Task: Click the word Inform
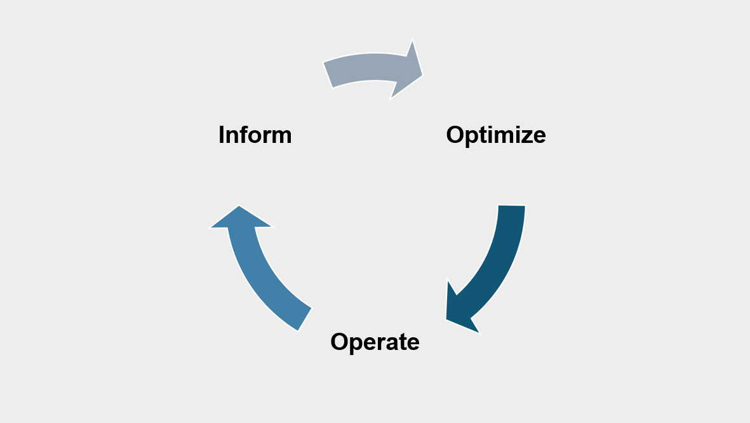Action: pyautogui.click(x=255, y=135)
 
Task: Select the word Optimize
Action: pyautogui.click(x=495, y=135)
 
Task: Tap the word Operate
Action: pyautogui.click(x=375, y=342)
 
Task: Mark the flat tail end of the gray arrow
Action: pyautogui.click(x=328, y=75)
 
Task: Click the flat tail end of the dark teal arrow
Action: pyautogui.click(x=512, y=206)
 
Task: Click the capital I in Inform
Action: pyautogui.click(x=222, y=135)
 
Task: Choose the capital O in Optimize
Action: pyautogui.click(x=457, y=135)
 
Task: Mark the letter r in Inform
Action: pyautogui.click(x=267, y=135)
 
